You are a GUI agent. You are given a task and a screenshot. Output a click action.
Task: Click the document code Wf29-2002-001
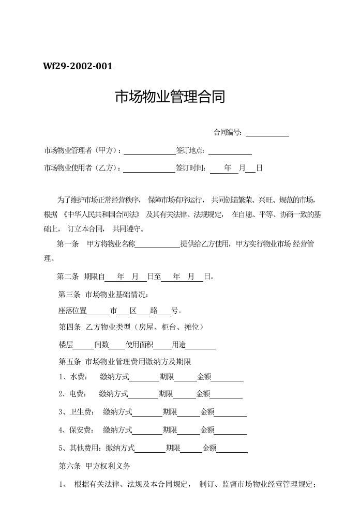[x=78, y=67]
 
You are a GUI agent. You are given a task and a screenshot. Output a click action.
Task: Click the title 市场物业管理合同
[x=170, y=97]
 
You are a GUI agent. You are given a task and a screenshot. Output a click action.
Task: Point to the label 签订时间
[x=191, y=168]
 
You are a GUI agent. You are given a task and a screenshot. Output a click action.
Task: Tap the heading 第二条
[x=67, y=276]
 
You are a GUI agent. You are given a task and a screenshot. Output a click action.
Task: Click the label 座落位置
[x=72, y=311]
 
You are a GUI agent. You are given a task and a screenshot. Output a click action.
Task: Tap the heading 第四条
[x=70, y=327]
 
